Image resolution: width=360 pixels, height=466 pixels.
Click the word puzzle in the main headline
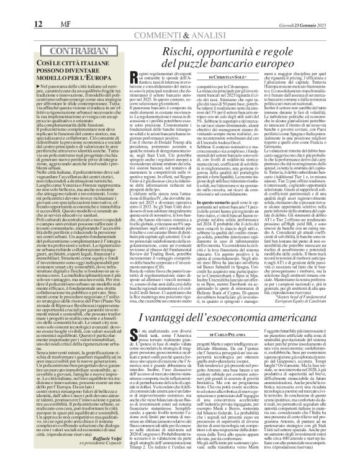point(182,63)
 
